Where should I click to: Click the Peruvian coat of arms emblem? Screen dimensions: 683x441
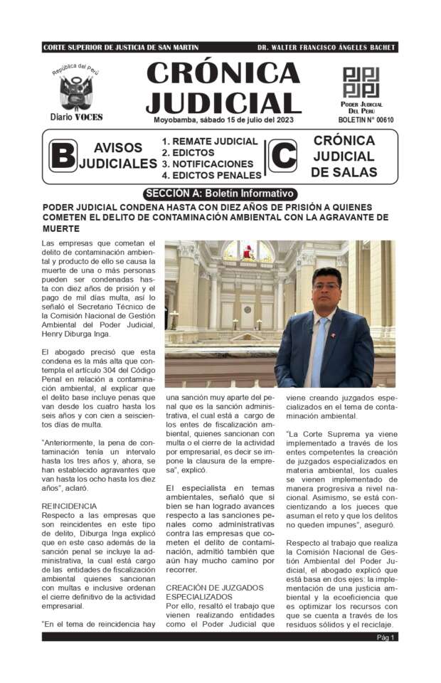[75, 91]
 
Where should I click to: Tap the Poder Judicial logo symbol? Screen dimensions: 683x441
[361, 82]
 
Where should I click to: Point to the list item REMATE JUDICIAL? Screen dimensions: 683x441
[209, 141]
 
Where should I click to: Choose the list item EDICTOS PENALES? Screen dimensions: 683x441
[211, 174]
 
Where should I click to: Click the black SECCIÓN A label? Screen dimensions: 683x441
[220, 193]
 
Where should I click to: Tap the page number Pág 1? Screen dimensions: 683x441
[386, 637]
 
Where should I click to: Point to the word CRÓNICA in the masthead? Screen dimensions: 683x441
[223, 73]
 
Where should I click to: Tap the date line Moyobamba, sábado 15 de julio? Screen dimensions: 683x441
[223, 120]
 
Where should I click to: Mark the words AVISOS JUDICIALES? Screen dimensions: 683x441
[118, 156]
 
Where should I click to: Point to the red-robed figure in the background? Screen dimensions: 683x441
[248, 251]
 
